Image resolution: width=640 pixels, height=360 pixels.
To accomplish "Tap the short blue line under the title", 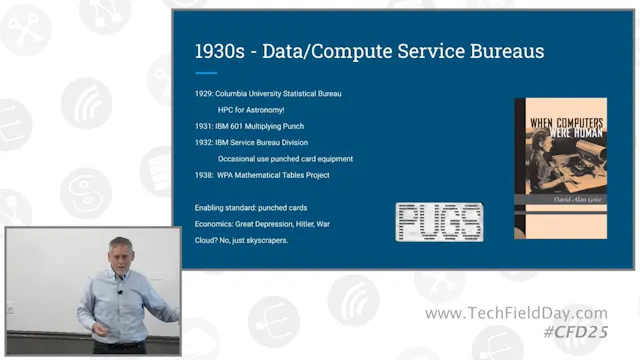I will click(x=206, y=72).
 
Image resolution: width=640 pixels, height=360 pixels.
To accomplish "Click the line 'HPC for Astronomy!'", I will click(x=256, y=110).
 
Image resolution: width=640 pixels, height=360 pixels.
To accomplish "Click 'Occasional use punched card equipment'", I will click(x=285, y=158).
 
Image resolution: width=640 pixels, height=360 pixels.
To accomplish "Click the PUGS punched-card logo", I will click(x=439, y=222).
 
